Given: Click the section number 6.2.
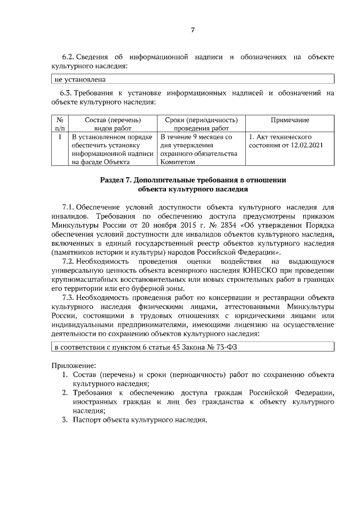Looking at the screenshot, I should pos(67,57).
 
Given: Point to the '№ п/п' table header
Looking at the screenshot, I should pos(60,124).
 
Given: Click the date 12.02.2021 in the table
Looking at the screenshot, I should pos(307,145).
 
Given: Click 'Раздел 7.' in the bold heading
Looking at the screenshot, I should pos(116,180).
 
